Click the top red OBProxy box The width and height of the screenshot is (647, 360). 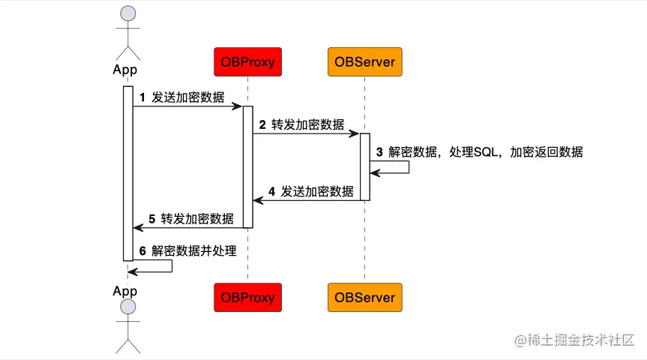(x=247, y=61)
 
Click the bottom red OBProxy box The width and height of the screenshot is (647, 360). (x=247, y=298)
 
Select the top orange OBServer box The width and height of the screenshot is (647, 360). (x=365, y=61)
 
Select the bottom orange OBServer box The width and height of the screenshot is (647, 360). (x=365, y=298)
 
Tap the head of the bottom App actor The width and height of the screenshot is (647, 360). (x=128, y=307)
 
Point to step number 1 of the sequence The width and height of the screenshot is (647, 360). (x=142, y=97)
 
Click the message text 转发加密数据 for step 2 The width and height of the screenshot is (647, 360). (x=308, y=124)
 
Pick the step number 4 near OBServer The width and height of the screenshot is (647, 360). (x=271, y=191)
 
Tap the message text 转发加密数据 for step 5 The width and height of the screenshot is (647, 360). (x=197, y=219)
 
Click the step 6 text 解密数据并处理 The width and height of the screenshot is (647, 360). (x=194, y=251)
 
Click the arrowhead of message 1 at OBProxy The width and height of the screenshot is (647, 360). (x=237, y=106)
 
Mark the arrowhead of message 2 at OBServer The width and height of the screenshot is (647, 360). (x=355, y=134)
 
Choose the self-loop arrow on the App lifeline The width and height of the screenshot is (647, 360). (x=172, y=266)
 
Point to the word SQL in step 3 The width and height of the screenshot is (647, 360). (x=487, y=151)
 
